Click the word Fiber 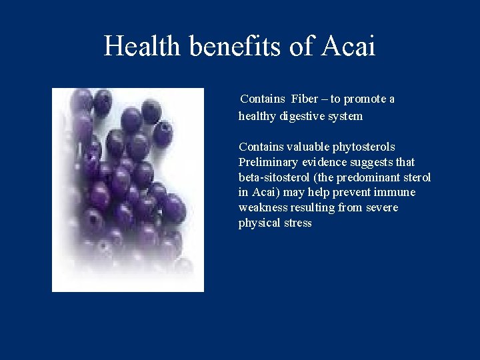(304, 99)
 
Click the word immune (397, 193)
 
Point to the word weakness (262, 208)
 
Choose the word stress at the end (297, 223)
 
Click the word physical (259, 223)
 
